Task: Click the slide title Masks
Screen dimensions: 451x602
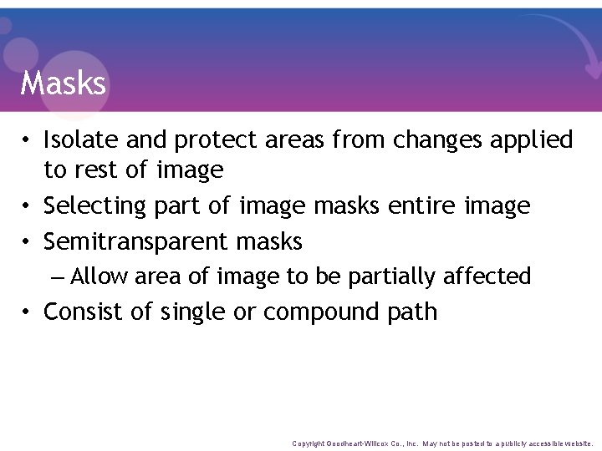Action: coord(64,84)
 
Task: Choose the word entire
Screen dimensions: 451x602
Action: coord(422,205)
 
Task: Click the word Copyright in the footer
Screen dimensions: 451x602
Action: coord(309,443)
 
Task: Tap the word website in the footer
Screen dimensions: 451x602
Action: coord(576,443)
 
